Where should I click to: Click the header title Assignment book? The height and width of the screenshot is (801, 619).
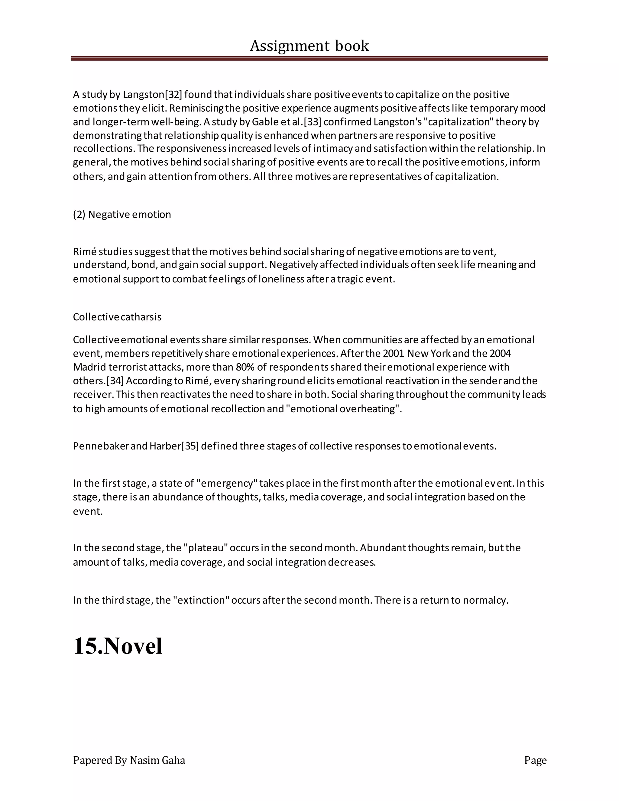coord(309,46)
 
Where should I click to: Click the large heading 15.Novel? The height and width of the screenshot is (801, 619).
coord(118,646)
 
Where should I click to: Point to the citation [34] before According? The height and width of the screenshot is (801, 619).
coord(115,381)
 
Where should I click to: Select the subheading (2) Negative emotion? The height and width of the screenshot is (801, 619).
coord(122,214)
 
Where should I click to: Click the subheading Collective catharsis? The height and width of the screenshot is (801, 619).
coord(117,317)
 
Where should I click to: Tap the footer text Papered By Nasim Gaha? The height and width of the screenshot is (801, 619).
coord(129,760)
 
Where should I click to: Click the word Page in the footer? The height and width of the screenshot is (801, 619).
coord(535,760)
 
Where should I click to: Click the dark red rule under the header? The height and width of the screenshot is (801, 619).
coord(309,58)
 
